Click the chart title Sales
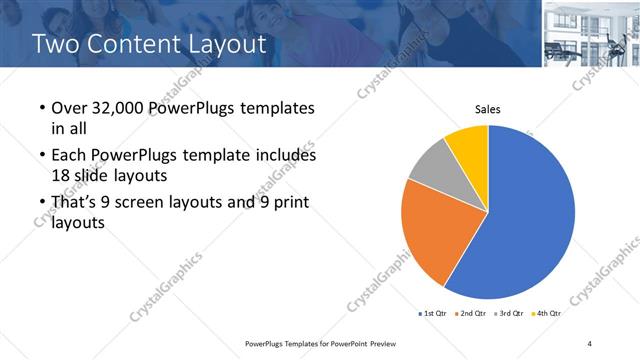(x=487, y=109)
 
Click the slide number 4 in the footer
(x=590, y=344)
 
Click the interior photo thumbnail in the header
(x=590, y=33)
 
